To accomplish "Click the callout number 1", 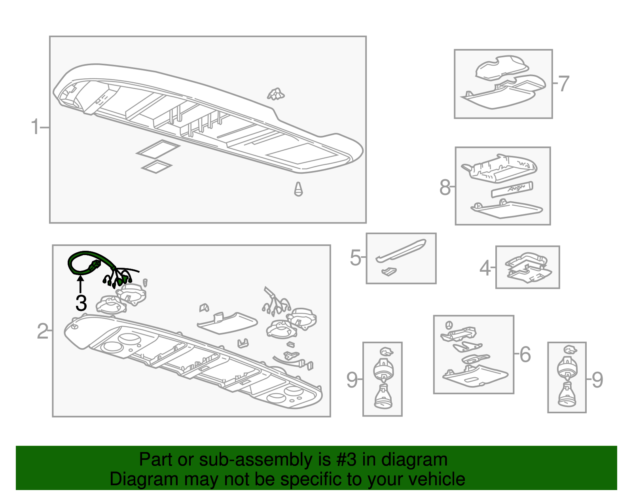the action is (x=35, y=127).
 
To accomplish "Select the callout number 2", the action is (x=43, y=331).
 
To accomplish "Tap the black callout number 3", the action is (x=81, y=303).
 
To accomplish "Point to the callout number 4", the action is (x=485, y=268).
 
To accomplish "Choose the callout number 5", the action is (x=355, y=257).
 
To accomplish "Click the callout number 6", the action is (x=525, y=354).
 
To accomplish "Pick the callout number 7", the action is (x=564, y=84).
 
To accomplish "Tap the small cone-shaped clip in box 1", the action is (x=298, y=189).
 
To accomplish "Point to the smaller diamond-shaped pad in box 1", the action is (x=157, y=167).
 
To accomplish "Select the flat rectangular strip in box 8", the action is (x=512, y=189).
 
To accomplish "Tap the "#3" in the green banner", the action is (x=346, y=459).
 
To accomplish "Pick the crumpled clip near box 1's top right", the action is (x=276, y=94).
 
